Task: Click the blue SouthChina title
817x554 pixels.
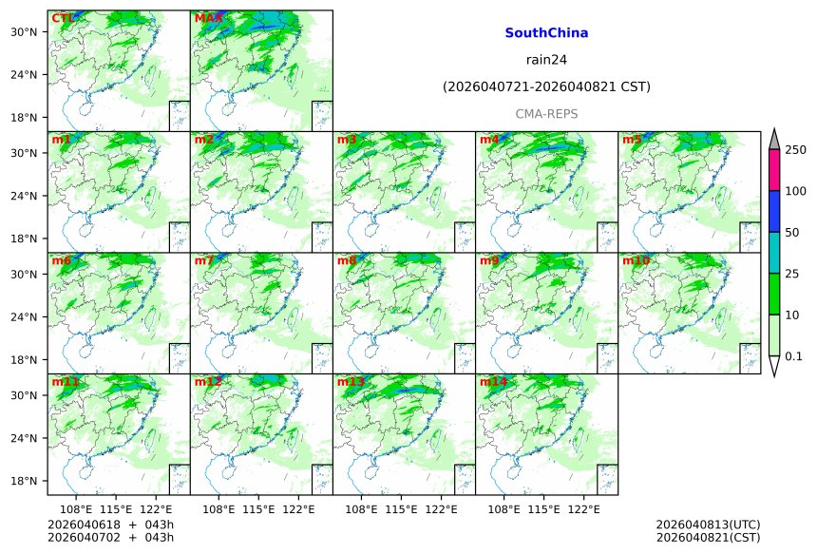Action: (546, 33)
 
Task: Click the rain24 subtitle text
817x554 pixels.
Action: (546, 60)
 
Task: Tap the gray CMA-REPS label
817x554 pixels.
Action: (546, 114)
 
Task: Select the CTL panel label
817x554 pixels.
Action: (63, 18)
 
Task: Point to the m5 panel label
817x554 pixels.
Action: (633, 140)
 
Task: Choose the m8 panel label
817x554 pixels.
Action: (347, 260)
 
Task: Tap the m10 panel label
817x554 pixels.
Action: (636, 260)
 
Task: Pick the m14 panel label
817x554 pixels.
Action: (492, 382)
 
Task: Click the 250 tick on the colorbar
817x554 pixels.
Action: (796, 150)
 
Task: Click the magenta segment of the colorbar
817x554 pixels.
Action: (774, 170)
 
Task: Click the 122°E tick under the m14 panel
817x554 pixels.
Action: (584, 510)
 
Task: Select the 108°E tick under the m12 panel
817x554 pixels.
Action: (219, 510)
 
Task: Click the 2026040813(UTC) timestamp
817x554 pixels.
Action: (708, 525)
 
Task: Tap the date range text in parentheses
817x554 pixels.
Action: (546, 87)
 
